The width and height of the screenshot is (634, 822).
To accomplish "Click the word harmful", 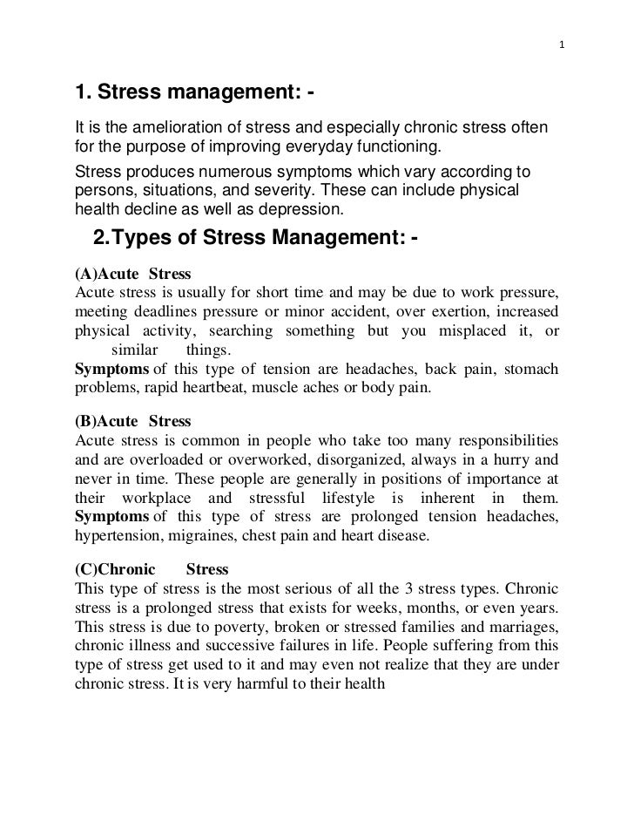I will pyautogui.click(x=273, y=684).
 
